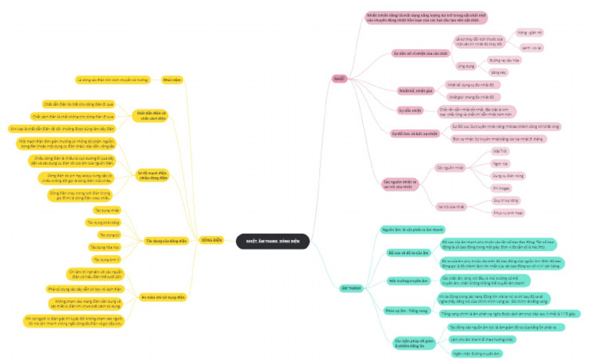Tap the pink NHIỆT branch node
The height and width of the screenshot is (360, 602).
(x=340, y=78)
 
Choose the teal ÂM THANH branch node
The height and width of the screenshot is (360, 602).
(x=350, y=289)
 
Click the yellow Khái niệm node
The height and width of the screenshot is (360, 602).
(x=172, y=80)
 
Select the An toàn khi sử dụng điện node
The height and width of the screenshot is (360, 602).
(x=164, y=297)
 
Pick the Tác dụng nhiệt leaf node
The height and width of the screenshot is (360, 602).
(x=107, y=211)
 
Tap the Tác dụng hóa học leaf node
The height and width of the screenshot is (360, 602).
(x=107, y=247)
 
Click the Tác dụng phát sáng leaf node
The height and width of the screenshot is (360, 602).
(x=102, y=223)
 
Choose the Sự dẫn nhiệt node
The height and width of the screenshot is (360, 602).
(x=409, y=110)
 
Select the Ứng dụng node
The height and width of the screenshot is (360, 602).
(x=466, y=66)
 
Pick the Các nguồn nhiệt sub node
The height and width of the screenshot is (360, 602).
(x=450, y=167)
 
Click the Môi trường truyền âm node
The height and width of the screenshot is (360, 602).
(x=408, y=279)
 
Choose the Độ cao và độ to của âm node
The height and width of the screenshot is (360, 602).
(x=408, y=253)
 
